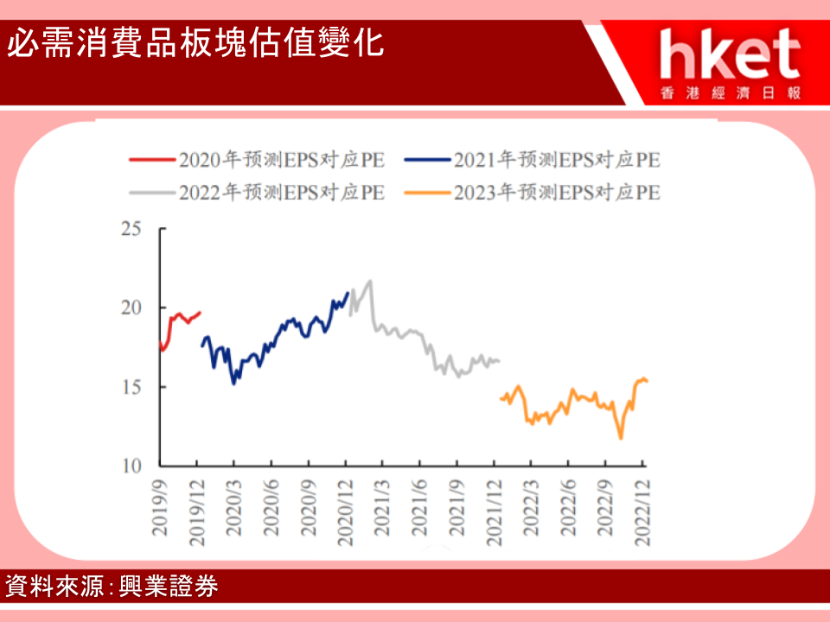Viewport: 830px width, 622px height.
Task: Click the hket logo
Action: tap(731, 63)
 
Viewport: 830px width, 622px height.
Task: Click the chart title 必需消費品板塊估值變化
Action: tap(195, 43)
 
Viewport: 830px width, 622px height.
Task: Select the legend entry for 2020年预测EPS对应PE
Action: tap(258, 160)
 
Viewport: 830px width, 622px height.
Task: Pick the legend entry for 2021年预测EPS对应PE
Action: tap(532, 160)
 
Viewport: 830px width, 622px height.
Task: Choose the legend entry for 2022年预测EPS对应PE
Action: tap(258, 193)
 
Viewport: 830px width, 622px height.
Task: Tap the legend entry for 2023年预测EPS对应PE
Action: tap(532, 193)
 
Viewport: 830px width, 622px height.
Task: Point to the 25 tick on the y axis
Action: tap(131, 229)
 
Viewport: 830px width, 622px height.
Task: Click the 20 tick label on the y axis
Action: tap(131, 308)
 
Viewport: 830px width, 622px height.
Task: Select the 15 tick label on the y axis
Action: tap(131, 387)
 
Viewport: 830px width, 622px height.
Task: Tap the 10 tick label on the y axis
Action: tap(131, 466)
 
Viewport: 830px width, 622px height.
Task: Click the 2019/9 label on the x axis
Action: tap(160, 508)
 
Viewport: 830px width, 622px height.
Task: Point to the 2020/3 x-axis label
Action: tap(234, 508)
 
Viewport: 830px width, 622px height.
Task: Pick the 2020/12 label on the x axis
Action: tap(345, 513)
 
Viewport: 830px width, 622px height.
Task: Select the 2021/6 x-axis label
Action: tap(419, 508)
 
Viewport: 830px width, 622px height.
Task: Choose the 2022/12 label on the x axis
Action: tap(642, 513)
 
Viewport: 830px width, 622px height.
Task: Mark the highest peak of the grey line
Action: tap(370, 281)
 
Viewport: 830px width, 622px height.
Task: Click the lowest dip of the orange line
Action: tap(621, 438)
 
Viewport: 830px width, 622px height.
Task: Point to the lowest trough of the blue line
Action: tap(233, 383)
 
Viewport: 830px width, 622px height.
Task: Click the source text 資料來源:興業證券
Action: tap(112, 586)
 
